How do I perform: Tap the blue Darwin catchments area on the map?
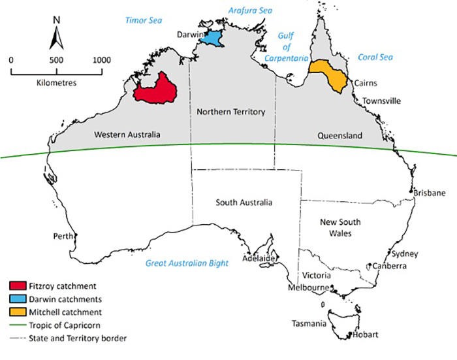tap(212, 37)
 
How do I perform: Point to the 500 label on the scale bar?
tap(56, 59)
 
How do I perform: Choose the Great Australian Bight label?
tap(187, 263)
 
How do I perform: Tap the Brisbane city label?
tap(429, 193)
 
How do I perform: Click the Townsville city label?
tap(382, 101)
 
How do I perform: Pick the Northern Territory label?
tap(230, 112)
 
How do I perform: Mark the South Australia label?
tap(244, 203)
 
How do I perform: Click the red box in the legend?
tap(18, 286)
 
